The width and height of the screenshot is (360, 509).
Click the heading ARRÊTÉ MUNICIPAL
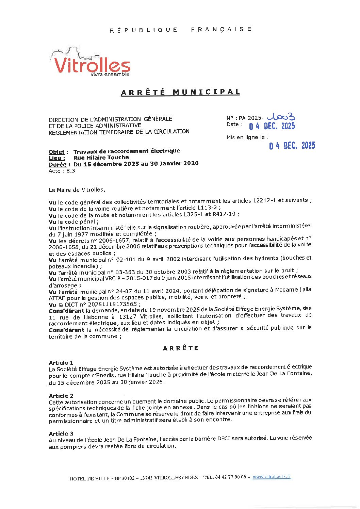[180, 92]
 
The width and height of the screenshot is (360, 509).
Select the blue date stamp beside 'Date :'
[272, 126]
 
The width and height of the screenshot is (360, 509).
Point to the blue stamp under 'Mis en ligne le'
[292, 146]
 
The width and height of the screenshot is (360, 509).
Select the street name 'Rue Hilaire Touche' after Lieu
[101, 158]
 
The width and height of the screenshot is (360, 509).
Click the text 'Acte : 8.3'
[62, 171]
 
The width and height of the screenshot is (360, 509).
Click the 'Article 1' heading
[61, 363]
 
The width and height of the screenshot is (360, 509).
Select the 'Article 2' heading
[61, 396]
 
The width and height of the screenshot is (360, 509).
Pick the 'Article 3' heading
[61, 433]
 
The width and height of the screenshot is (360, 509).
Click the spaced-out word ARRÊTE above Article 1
[180, 348]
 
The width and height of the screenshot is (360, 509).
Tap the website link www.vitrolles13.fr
[272, 477]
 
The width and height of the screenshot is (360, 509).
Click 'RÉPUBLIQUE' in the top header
[143, 30]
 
